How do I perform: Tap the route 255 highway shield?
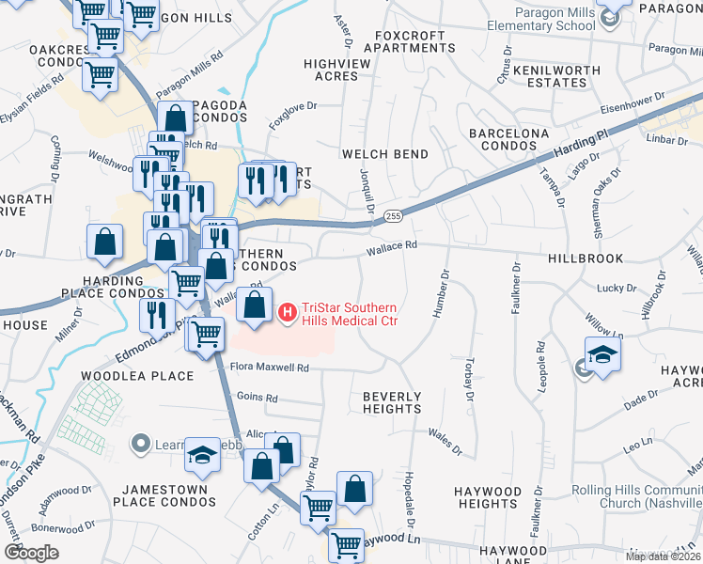(393, 215)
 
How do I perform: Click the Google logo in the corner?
(31, 553)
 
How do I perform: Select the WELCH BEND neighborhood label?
(385, 154)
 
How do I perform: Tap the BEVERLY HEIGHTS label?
(392, 402)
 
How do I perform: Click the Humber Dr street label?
(441, 293)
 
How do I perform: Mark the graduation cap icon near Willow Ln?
(602, 353)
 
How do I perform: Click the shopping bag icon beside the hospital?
(255, 305)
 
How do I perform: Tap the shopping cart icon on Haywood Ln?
(347, 544)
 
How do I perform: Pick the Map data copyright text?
(664, 556)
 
